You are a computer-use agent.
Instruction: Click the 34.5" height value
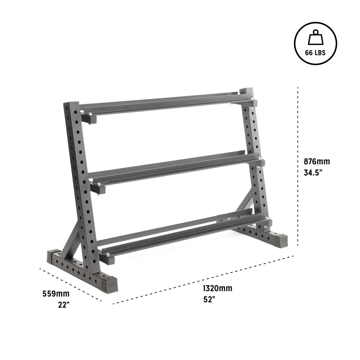click(x=313, y=173)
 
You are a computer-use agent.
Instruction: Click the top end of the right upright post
click(x=244, y=92)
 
